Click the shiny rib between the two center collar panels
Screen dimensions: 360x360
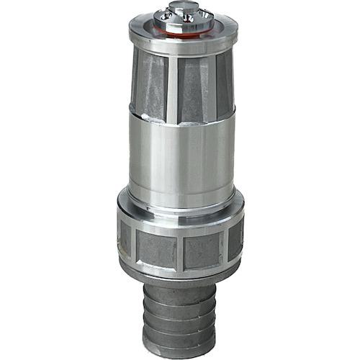click(x=180, y=249)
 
